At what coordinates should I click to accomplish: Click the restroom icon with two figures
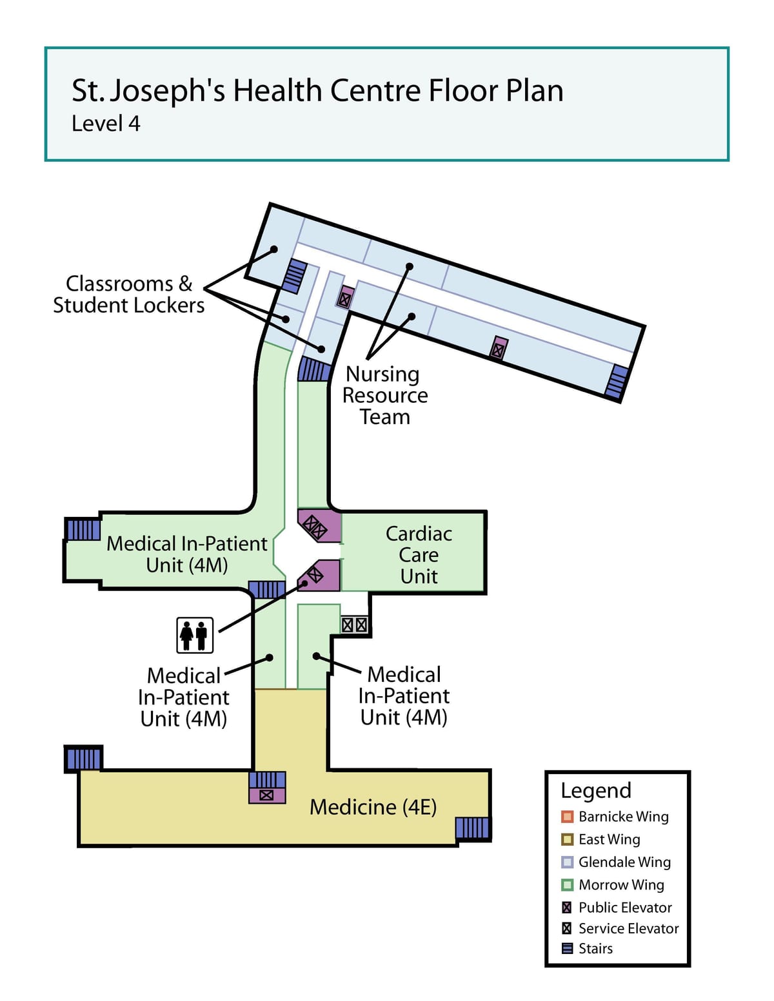(x=195, y=636)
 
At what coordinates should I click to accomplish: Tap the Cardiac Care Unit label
(x=419, y=554)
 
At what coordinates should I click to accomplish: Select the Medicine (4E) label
(x=373, y=806)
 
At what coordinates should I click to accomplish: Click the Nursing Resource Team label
(x=385, y=395)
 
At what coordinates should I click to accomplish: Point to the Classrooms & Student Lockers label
(x=128, y=295)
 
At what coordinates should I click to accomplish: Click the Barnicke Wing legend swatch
(x=567, y=817)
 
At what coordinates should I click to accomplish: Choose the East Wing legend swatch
(x=567, y=839)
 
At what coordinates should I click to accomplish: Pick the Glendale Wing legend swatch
(x=567, y=862)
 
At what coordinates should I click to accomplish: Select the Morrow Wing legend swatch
(x=567, y=885)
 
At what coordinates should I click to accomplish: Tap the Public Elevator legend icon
(x=567, y=908)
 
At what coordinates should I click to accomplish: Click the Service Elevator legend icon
(x=567, y=928)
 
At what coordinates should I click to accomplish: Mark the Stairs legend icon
(x=567, y=949)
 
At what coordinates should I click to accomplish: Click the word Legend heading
(x=595, y=791)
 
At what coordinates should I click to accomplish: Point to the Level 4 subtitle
(x=106, y=124)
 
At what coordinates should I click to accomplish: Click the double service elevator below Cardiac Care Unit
(x=355, y=625)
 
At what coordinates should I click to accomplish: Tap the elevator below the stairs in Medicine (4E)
(x=267, y=795)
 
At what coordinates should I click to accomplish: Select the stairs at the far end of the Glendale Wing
(x=617, y=382)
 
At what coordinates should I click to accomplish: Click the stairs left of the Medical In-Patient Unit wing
(x=83, y=529)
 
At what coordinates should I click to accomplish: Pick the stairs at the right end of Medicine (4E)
(x=472, y=828)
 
